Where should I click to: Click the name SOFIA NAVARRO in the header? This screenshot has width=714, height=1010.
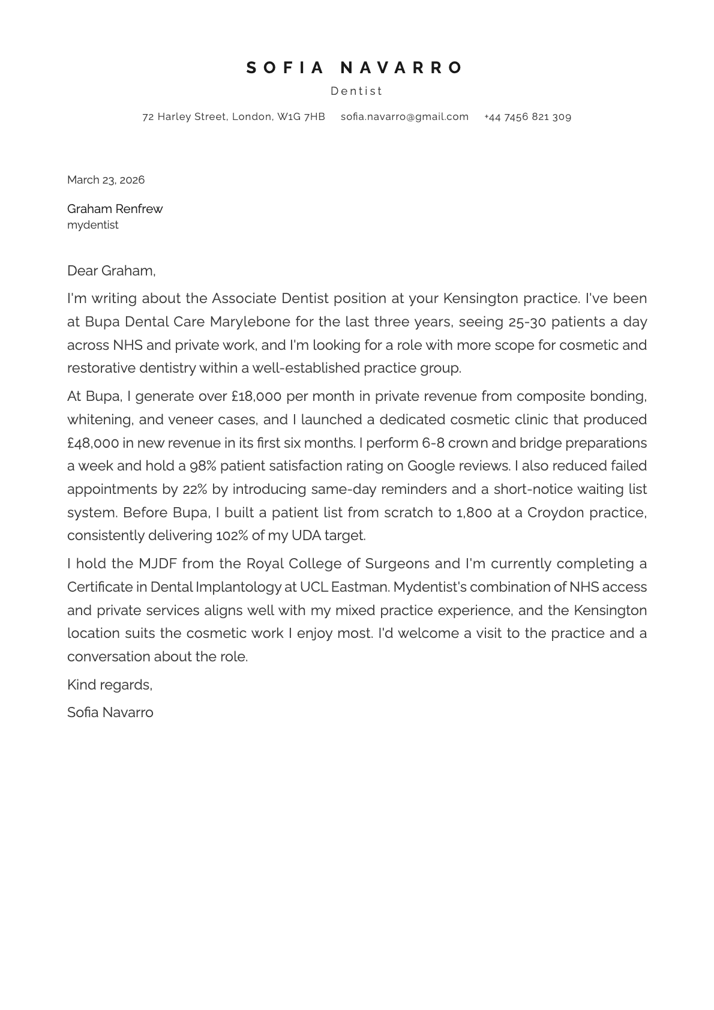356,68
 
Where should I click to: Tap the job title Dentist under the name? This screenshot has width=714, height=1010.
356,91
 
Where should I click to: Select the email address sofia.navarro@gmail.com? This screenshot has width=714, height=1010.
404,117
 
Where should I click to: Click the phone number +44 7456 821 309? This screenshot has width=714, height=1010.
527,117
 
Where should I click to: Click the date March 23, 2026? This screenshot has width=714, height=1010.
106,180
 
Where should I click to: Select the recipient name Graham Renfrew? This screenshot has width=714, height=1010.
115,209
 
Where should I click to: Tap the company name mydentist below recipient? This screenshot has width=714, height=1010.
93,225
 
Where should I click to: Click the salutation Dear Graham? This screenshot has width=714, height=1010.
111,271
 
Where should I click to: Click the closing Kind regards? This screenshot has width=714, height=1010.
110,685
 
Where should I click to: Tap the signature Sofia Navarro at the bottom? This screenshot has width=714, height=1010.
110,713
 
